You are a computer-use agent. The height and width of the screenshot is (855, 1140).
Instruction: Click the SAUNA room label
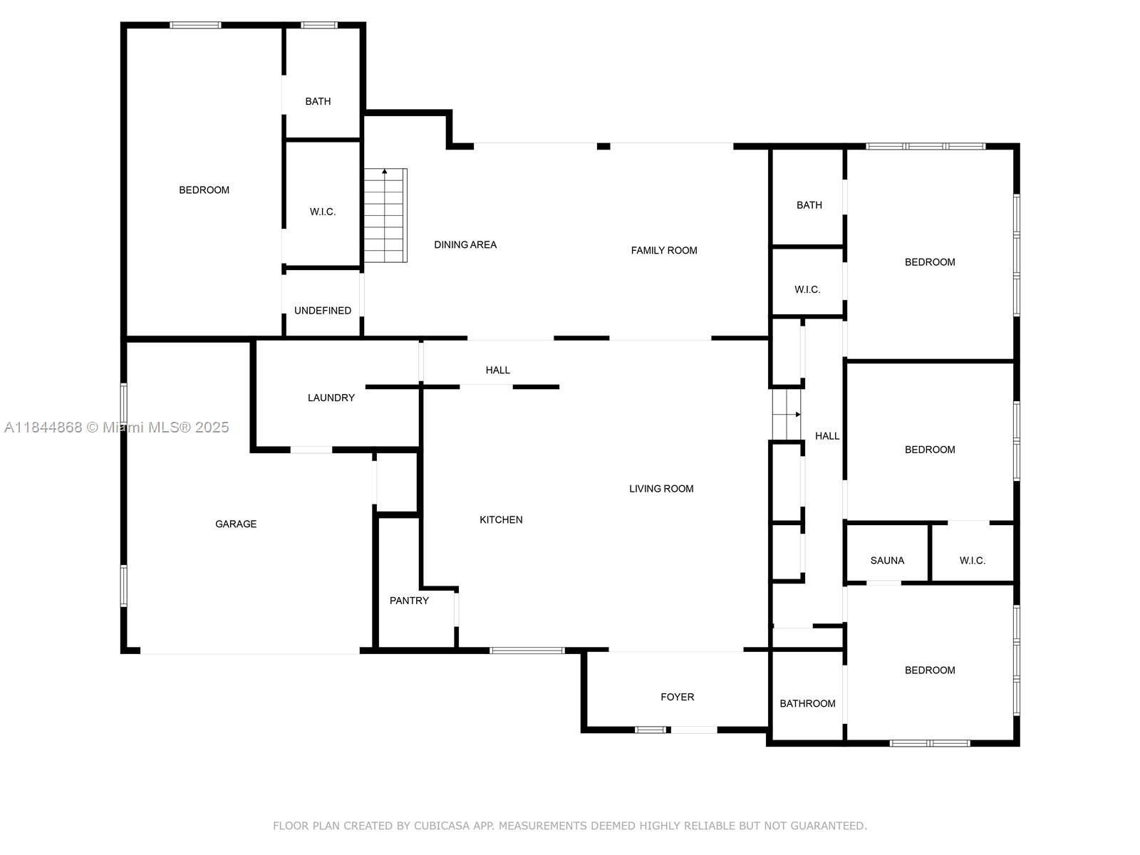[887, 561]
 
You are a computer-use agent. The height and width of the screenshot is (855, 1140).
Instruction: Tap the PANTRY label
[409, 601]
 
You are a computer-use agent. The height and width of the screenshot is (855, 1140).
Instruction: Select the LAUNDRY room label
[331, 398]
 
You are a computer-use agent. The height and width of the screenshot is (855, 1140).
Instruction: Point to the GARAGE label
[236, 524]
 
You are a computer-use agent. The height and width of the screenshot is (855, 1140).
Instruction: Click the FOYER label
[678, 697]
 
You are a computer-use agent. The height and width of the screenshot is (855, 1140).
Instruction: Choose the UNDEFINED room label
[323, 311]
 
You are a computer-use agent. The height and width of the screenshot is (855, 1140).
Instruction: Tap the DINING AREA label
[465, 244]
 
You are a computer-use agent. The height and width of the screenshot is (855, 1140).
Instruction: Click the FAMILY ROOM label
[664, 250]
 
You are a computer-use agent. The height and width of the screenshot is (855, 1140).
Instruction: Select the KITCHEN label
[501, 519]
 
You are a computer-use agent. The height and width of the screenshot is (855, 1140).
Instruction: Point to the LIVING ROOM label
[661, 489]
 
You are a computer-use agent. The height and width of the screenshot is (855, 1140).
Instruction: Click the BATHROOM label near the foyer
[807, 703]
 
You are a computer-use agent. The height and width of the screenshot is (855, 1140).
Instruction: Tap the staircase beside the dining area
[385, 215]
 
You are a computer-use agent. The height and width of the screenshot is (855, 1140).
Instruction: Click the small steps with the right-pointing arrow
[787, 414]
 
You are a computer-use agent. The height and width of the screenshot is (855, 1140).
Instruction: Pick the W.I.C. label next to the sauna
[973, 561]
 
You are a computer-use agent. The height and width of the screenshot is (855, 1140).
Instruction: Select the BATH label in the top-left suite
[318, 101]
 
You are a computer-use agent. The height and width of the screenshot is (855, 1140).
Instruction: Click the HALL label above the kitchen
[497, 370]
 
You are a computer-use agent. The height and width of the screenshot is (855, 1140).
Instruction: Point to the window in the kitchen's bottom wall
[527, 650]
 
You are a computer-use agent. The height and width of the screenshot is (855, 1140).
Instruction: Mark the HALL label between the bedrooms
[826, 436]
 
